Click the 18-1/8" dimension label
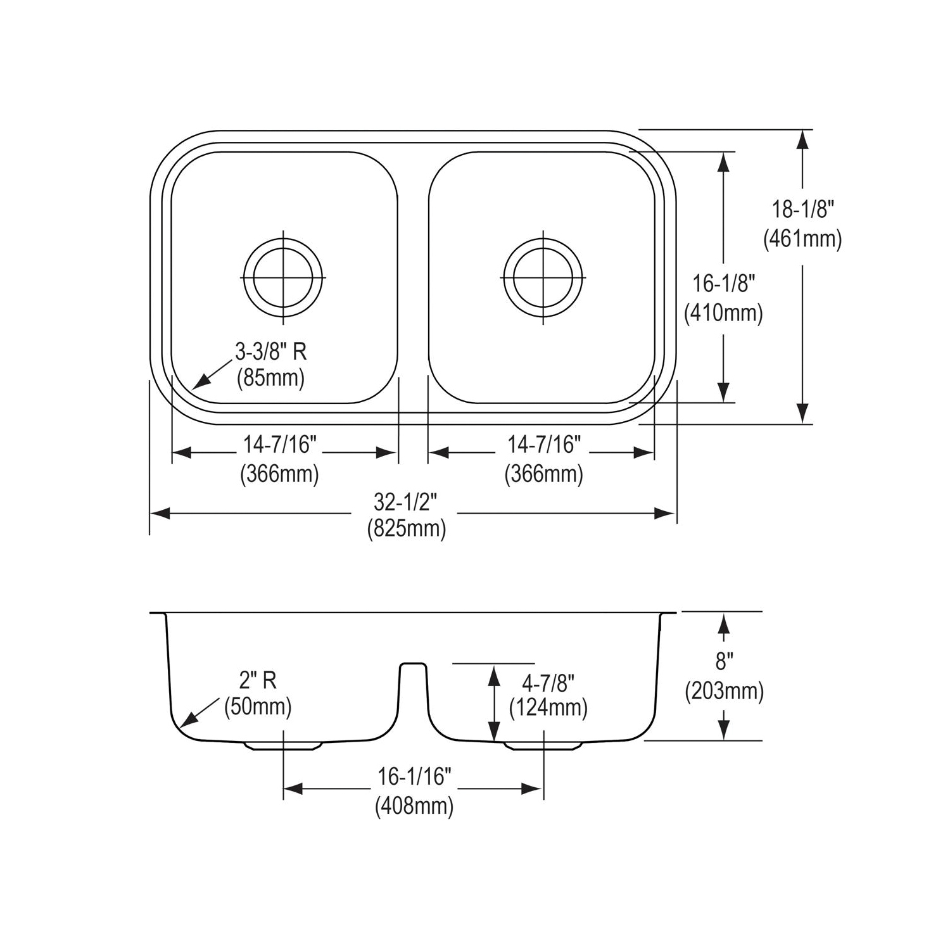(x=802, y=208)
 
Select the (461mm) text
(x=802, y=239)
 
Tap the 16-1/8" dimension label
(x=724, y=283)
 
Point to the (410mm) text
(x=723, y=313)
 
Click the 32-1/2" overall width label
(x=405, y=502)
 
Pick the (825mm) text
(x=406, y=528)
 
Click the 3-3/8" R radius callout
(x=271, y=351)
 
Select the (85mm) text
(x=270, y=378)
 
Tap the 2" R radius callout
(x=258, y=680)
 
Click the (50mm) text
(x=258, y=706)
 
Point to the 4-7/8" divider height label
(x=548, y=683)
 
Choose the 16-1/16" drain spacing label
(x=414, y=776)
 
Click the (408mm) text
(x=414, y=806)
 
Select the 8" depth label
(x=724, y=662)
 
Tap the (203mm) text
(x=724, y=690)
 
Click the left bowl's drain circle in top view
(x=283, y=277)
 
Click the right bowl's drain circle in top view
(x=543, y=277)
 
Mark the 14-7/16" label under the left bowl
(x=279, y=445)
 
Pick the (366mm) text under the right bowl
(x=543, y=474)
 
